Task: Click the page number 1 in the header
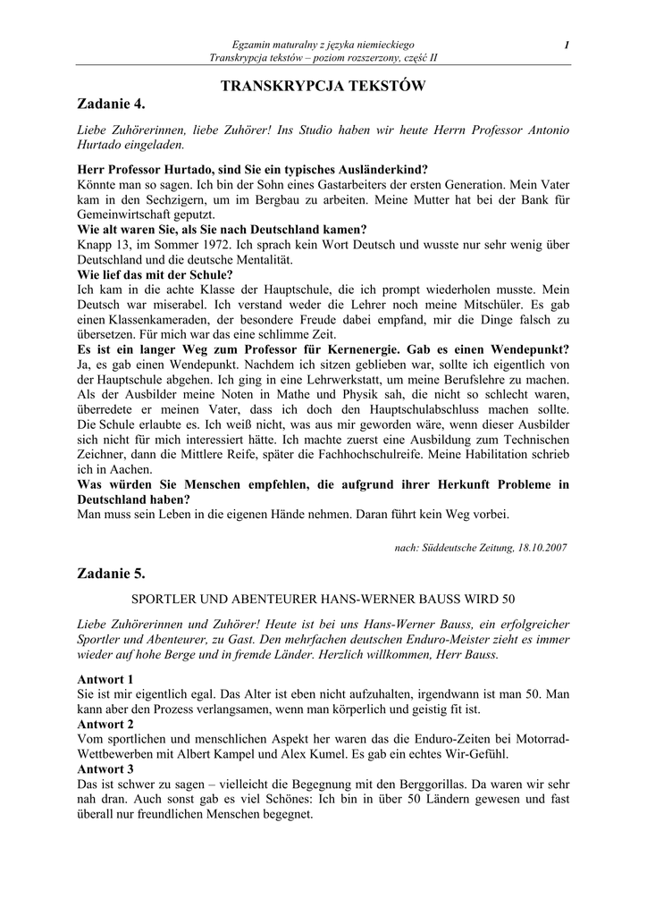(567, 45)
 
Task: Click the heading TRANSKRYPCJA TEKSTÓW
(323, 86)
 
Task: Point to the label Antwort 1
(105, 679)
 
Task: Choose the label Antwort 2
(105, 723)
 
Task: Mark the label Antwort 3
(105, 768)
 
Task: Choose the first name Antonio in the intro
(542, 130)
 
